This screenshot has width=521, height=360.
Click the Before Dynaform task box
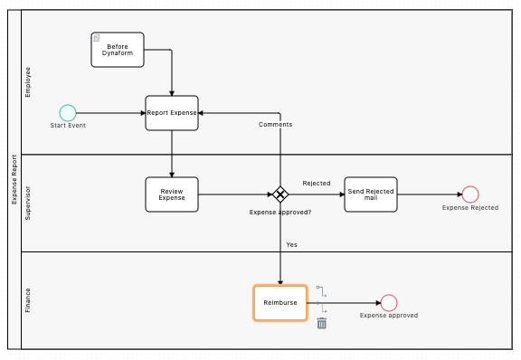(118, 49)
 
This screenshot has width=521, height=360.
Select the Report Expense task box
(172, 113)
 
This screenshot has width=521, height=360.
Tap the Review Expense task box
(172, 194)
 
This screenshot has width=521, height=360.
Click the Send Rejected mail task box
(371, 194)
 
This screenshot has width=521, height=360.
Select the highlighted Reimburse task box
(280, 303)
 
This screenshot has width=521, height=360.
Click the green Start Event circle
(68, 113)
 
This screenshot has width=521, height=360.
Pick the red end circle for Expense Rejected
(470, 194)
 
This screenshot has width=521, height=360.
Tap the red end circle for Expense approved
(389, 303)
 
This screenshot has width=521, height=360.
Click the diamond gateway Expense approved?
(280, 194)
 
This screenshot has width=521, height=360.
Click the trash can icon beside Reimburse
(322, 323)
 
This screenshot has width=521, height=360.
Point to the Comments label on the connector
(275, 125)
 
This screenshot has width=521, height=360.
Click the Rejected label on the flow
(316, 184)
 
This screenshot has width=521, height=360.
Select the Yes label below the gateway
(291, 244)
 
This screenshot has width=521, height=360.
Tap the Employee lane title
(28, 81)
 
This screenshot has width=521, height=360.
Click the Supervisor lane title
(28, 203)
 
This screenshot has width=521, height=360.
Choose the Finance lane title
(28, 300)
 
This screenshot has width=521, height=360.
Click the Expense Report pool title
(14, 179)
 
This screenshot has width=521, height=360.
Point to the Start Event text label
(68, 126)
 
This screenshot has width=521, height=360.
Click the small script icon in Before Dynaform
(97, 38)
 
